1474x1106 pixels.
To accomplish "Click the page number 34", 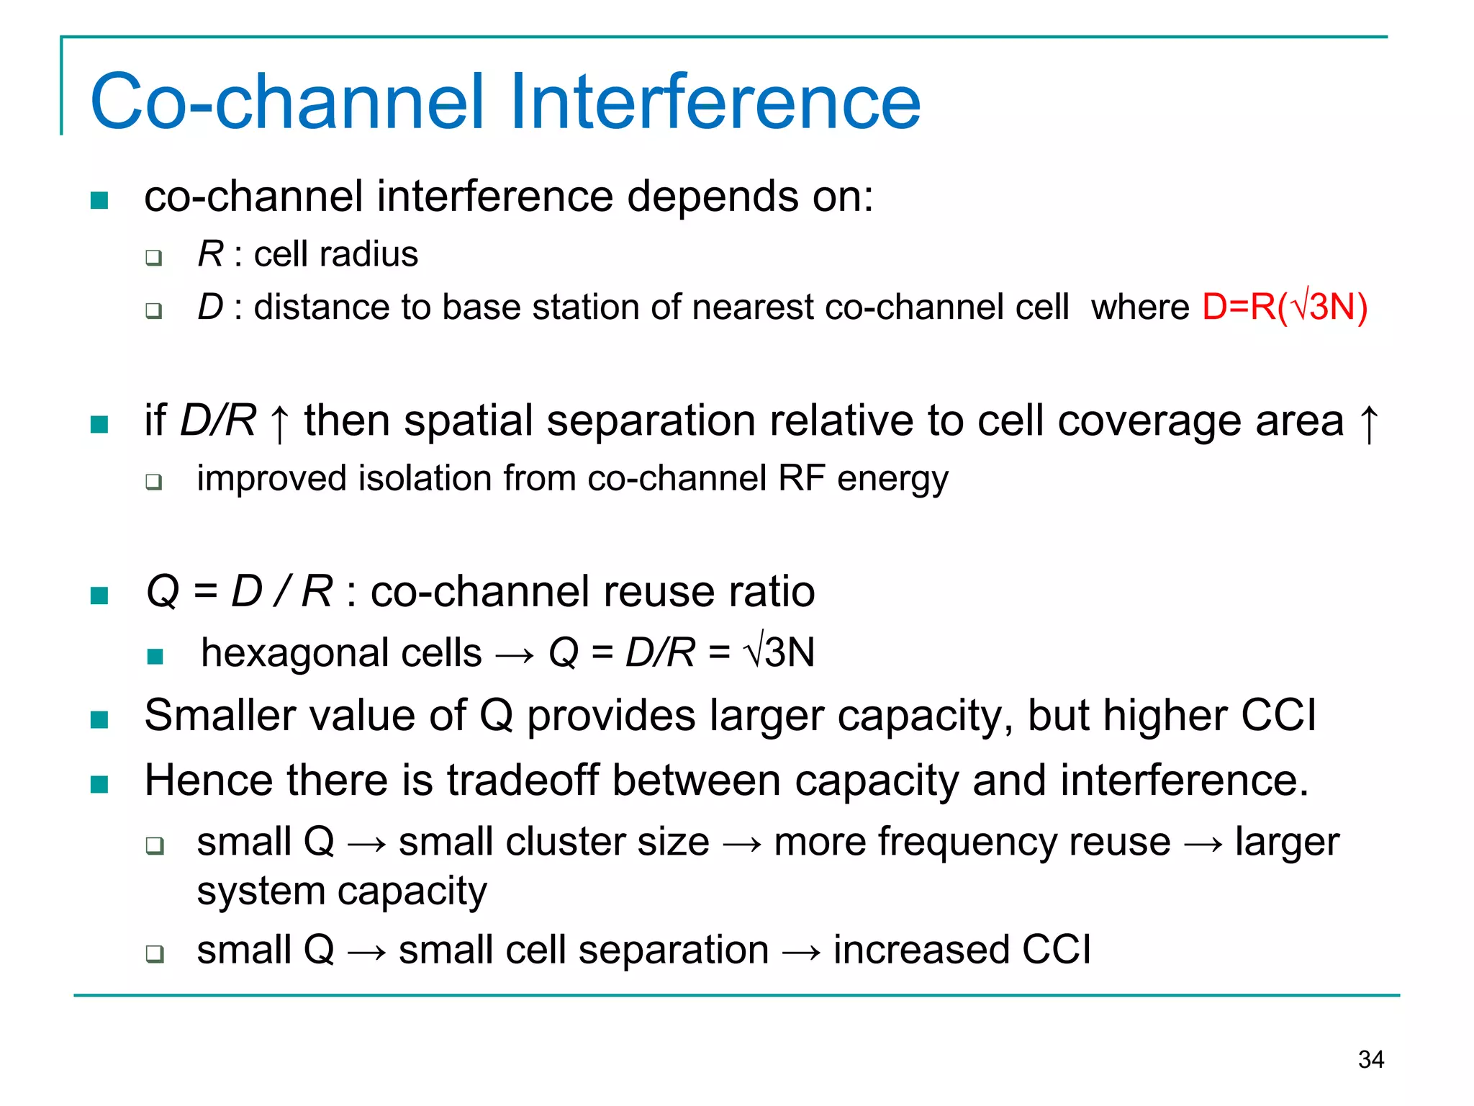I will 1370,1059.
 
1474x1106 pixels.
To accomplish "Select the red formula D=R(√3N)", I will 1284,307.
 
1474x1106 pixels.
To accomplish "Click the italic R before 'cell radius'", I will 210,254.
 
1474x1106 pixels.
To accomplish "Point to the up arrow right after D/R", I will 279,423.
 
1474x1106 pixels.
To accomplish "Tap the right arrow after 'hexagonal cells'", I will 515,655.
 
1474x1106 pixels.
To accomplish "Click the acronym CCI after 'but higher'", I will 1278,716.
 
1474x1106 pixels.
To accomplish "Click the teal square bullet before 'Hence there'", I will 99,784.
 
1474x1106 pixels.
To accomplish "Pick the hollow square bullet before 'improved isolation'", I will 153,482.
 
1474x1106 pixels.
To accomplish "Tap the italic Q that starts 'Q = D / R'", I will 163,592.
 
